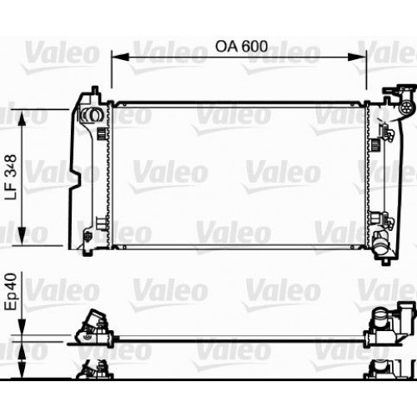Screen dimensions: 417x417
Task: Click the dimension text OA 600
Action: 241,47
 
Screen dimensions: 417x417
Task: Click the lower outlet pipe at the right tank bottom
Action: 383,246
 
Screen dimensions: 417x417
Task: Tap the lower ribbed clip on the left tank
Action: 102,222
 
